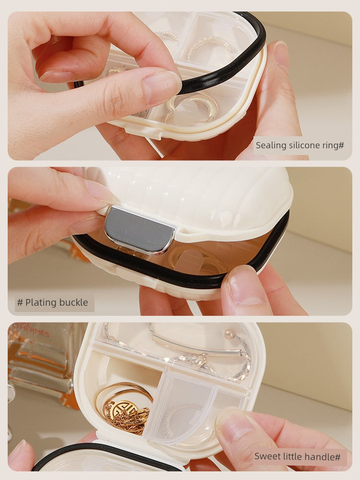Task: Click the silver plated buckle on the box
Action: [x=139, y=229]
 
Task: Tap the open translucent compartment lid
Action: [x=180, y=407]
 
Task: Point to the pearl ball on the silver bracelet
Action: [x=228, y=334]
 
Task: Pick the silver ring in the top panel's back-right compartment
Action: [x=208, y=46]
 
